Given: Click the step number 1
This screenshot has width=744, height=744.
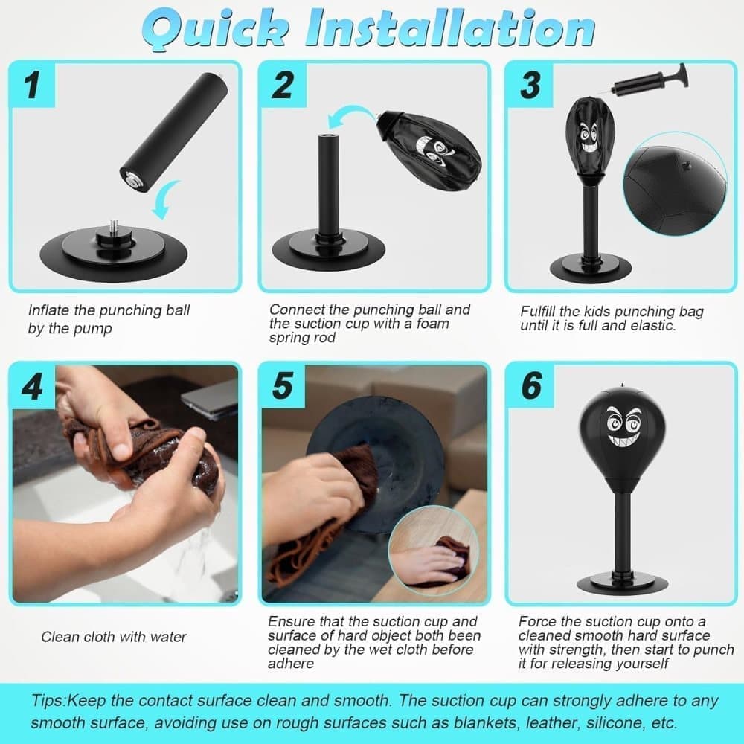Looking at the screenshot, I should [31, 86].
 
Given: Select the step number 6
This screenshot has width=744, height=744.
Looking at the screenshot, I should [531, 387].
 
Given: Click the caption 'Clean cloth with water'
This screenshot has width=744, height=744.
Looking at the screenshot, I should [114, 636].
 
